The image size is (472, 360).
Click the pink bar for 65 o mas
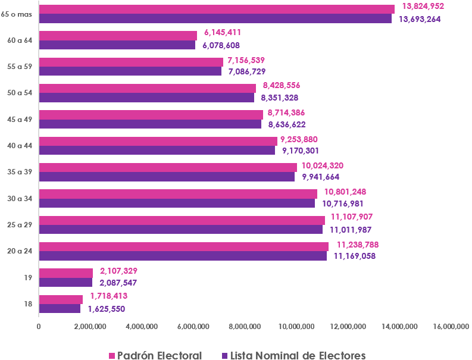(x=216, y=9)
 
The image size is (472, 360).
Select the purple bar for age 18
(x=60, y=309)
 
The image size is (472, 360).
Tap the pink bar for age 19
(x=65, y=273)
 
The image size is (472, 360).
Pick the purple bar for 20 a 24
(x=182, y=256)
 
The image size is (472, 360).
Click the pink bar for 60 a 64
(x=118, y=35)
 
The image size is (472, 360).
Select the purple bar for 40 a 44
(x=157, y=151)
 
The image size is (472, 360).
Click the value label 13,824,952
(x=423, y=6)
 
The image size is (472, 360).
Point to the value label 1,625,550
(x=107, y=309)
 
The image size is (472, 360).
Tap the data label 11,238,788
(x=358, y=244)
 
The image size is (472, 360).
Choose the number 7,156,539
(x=246, y=60)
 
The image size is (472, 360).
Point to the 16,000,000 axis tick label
(x=451, y=326)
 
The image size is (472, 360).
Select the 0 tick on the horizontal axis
(x=39, y=326)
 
